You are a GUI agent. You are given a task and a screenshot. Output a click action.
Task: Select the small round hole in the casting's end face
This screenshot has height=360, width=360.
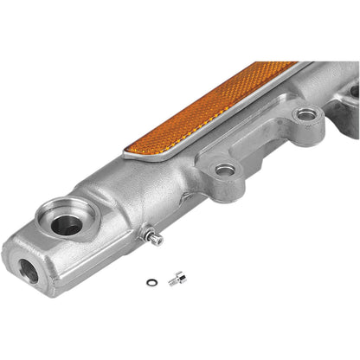28,270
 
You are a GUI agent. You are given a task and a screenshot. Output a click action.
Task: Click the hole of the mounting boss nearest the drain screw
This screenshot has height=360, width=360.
225,170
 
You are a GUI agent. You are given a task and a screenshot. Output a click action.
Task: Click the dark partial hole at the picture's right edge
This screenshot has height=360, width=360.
354,90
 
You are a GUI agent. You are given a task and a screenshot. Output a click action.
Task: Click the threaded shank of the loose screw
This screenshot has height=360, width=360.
172,280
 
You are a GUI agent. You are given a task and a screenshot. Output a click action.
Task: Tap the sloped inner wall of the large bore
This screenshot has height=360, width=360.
80,216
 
